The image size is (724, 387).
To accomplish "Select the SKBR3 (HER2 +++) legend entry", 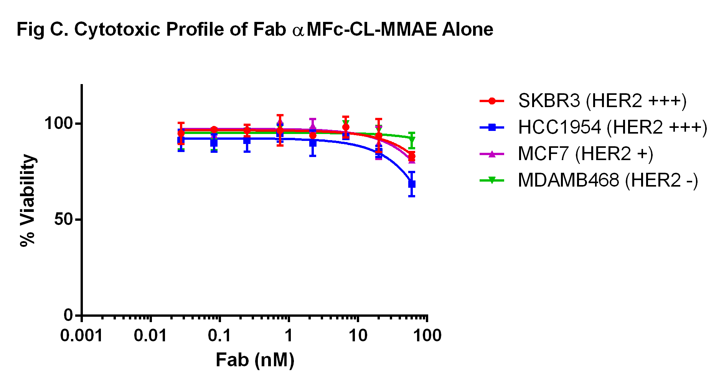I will [x=602, y=101].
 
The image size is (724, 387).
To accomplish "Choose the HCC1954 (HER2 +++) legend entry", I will [x=612, y=127].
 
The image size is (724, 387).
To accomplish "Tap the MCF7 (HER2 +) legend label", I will [x=585, y=154].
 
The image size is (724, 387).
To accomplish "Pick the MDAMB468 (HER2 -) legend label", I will [x=608, y=180].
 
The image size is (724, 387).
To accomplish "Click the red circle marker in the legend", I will [x=492, y=101].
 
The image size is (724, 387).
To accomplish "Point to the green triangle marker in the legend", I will [x=492, y=180].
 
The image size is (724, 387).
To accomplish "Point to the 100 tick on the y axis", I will [x=58, y=124].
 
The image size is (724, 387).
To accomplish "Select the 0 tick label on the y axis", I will [x=68, y=315].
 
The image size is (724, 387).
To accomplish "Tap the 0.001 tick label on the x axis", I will [x=81, y=336].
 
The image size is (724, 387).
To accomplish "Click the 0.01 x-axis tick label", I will [x=150, y=336].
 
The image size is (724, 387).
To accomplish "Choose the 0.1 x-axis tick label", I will [x=219, y=336].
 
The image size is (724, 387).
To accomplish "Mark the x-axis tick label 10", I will [x=358, y=336].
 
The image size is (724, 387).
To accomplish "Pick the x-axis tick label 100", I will [x=427, y=336].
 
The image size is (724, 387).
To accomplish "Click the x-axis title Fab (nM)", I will [x=255, y=360].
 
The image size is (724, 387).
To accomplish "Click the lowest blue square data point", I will [x=412, y=184].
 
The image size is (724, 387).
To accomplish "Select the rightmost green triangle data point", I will [x=412, y=139].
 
